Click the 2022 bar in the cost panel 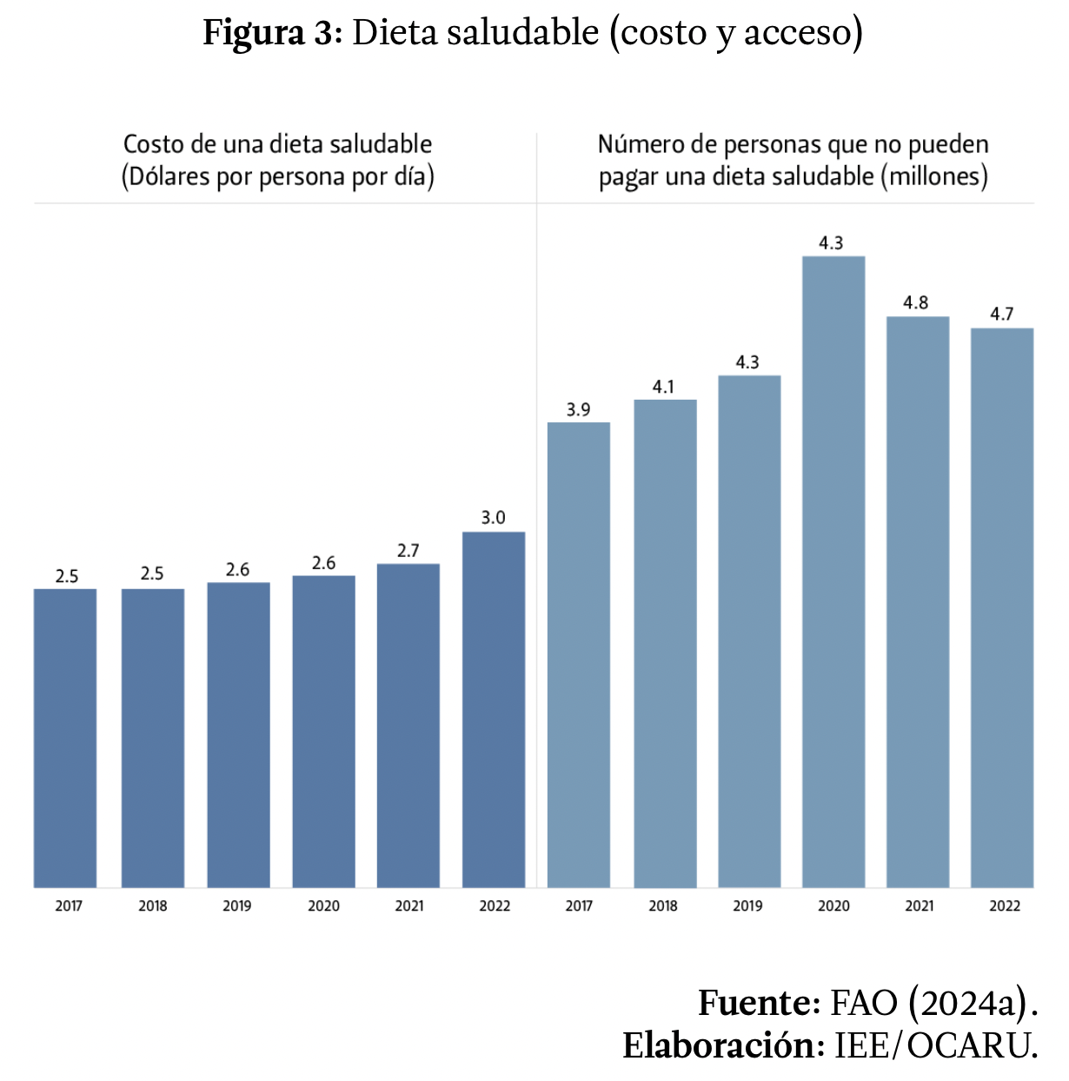pyautogui.click(x=494, y=709)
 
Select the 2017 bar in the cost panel pyautogui.click(x=65, y=738)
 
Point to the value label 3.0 pyautogui.click(x=494, y=518)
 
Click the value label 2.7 pyautogui.click(x=408, y=551)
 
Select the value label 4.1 pyautogui.click(x=663, y=387)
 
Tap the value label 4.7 pyautogui.click(x=1002, y=315)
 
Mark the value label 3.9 pyautogui.click(x=579, y=410)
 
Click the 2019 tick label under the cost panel pyautogui.click(x=237, y=906)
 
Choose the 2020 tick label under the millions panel pyautogui.click(x=833, y=906)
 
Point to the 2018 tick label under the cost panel pyautogui.click(x=153, y=906)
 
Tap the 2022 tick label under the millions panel pyautogui.click(x=1005, y=906)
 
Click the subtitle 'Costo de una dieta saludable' pyautogui.click(x=277, y=144)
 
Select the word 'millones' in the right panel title pyautogui.click(x=933, y=176)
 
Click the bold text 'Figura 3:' pyautogui.click(x=274, y=33)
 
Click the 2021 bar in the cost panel pyautogui.click(x=408, y=726)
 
